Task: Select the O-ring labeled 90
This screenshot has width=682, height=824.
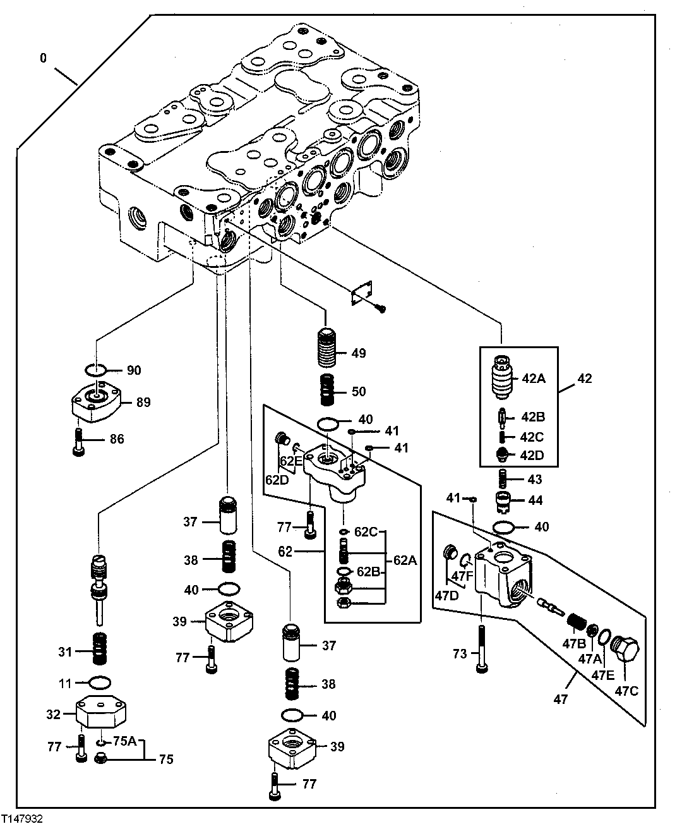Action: (95, 370)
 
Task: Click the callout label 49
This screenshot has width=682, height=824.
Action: (359, 353)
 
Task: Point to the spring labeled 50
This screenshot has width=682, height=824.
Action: (326, 391)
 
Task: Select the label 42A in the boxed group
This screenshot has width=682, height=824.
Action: (534, 379)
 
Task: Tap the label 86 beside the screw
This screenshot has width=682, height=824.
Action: (117, 439)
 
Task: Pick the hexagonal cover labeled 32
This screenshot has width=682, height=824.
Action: (101, 714)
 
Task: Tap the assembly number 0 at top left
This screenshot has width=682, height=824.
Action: (43, 58)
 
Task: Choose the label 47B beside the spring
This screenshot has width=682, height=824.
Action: (573, 643)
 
